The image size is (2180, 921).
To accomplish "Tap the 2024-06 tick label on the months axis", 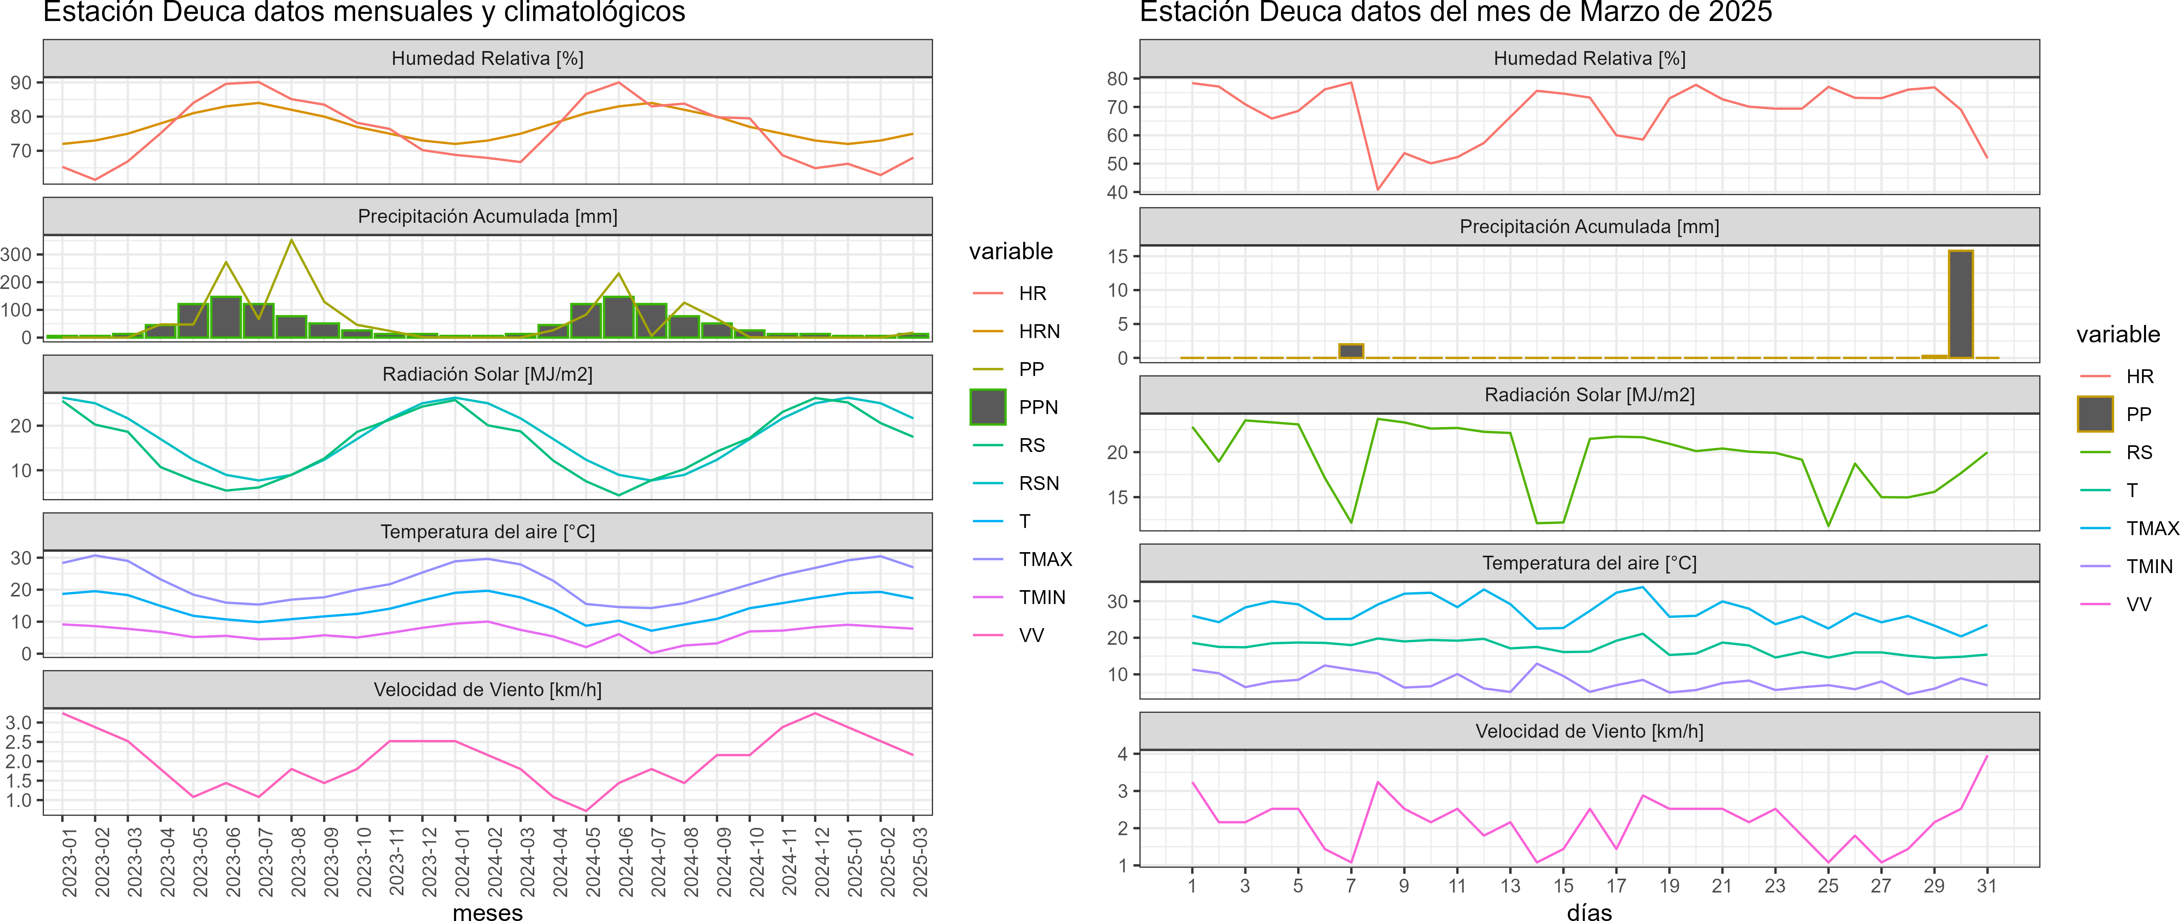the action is point(625,862).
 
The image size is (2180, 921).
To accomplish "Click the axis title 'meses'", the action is point(487,912).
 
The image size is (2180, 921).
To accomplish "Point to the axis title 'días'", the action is point(1589,912).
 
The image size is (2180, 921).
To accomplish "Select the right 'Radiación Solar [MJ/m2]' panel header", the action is point(1589,395).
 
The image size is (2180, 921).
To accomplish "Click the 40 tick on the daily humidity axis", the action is point(1117,192).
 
